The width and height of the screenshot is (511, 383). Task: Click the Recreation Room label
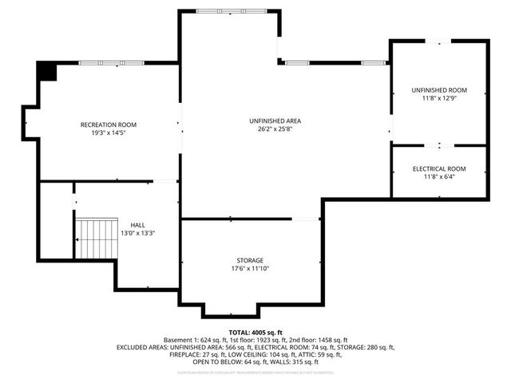pyautogui.click(x=109, y=124)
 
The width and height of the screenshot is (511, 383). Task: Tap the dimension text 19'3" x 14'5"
pyautogui.click(x=109, y=133)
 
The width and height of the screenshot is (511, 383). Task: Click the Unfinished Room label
pyautogui.click(x=438, y=89)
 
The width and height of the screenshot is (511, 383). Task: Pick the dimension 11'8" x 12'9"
pyautogui.click(x=438, y=98)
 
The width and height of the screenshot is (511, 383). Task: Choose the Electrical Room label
pyautogui.click(x=438, y=169)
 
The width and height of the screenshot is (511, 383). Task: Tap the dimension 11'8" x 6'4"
pyautogui.click(x=438, y=178)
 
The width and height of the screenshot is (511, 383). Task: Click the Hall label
pyautogui.click(x=137, y=224)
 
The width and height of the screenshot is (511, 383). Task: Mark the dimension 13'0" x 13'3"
pyautogui.click(x=137, y=233)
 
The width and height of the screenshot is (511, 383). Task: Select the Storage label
pyautogui.click(x=249, y=260)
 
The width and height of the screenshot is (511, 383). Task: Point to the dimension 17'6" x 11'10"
pyautogui.click(x=249, y=269)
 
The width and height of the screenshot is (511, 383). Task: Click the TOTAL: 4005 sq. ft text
pyautogui.click(x=255, y=332)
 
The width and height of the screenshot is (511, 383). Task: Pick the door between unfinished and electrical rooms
pyautogui.click(x=438, y=145)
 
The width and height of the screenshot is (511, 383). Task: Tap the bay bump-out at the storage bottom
pyautogui.click(x=232, y=310)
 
